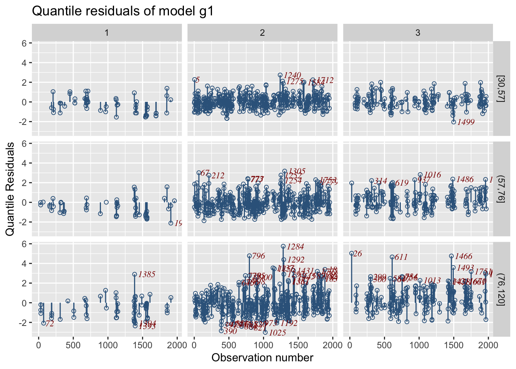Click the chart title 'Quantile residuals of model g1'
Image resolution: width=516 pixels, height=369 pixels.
pos(122,11)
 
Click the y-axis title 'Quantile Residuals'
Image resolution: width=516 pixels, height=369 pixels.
pos(10,189)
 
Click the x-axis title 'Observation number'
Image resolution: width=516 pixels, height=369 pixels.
pos(262,358)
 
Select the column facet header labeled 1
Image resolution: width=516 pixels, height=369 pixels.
pos(107,33)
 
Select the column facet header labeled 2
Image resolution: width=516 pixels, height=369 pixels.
pos(262,33)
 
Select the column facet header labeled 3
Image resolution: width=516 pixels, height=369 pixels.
pos(418,33)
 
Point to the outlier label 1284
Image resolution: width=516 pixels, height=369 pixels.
pos(295,247)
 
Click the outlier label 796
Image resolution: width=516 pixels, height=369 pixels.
pos(258,256)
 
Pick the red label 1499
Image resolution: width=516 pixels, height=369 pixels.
pos(466,122)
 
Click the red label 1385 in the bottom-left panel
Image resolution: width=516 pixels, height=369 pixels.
pos(147,274)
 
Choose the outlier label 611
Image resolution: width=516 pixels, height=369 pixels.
pos(401,258)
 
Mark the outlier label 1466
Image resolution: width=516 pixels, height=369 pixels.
pos(463,256)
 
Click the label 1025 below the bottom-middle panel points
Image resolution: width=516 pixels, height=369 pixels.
pos(278,333)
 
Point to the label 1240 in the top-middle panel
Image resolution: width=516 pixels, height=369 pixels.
pos(293,75)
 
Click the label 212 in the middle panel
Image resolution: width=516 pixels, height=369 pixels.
pos(218,176)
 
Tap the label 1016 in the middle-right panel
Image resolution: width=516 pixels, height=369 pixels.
pos(432,175)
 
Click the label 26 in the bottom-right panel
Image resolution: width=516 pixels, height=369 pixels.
pos(358,254)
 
